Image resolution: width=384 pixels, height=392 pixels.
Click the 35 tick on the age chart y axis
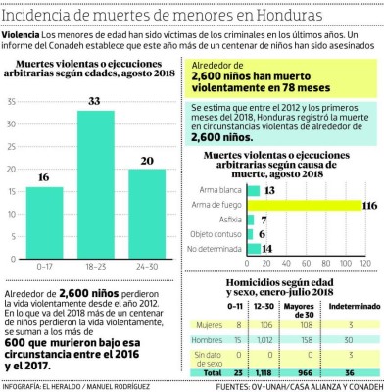point(13,101)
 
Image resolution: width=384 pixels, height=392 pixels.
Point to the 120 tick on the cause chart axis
point(364,262)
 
